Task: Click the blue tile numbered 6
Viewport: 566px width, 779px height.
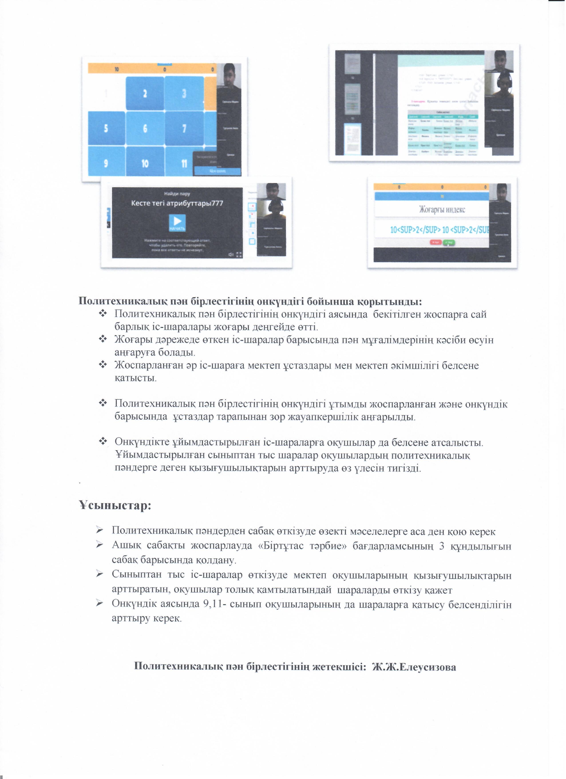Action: (x=145, y=128)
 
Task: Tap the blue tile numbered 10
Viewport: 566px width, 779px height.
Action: (x=145, y=163)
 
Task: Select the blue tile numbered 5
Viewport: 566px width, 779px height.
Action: (x=106, y=128)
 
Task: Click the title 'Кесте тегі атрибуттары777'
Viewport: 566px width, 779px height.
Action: (x=177, y=203)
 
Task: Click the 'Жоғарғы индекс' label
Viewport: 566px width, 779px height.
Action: (x=442, y=209)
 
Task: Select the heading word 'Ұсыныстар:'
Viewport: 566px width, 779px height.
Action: (x=115, y=506)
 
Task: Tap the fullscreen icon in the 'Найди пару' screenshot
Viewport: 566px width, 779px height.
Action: (x=239, y=255)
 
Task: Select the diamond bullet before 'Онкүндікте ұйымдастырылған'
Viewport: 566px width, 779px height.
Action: (x=103, y=442)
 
